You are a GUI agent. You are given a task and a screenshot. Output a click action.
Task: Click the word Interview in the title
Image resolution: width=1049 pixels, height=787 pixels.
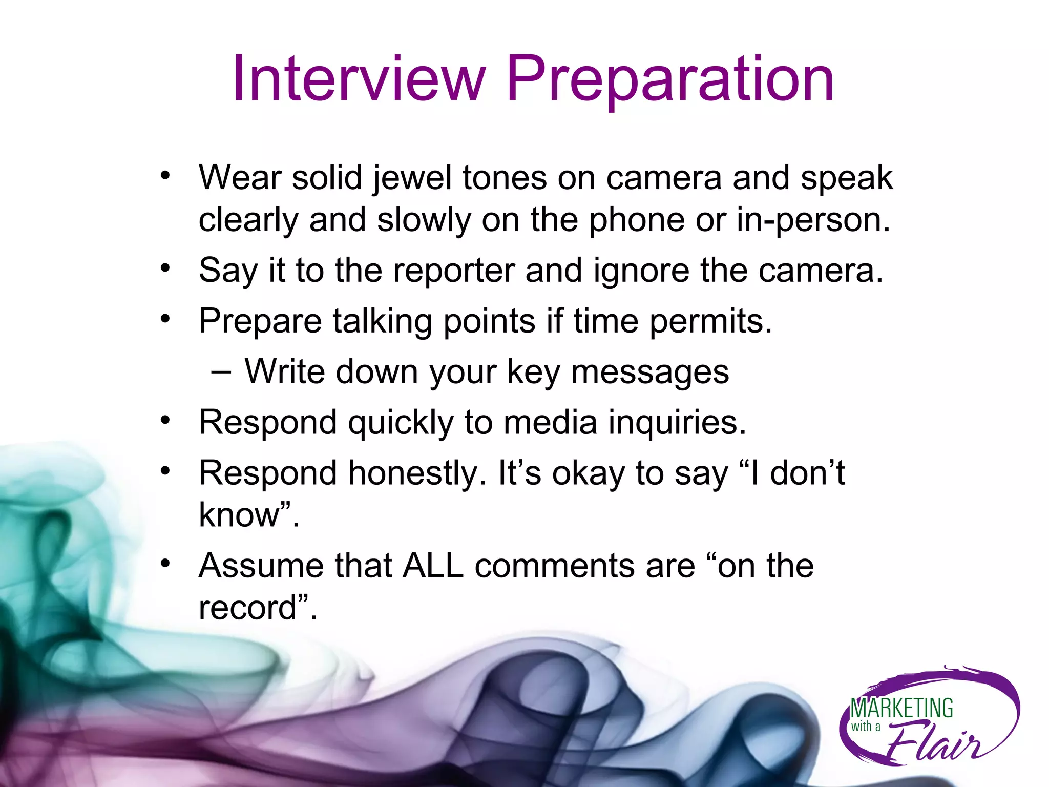click(359, 79)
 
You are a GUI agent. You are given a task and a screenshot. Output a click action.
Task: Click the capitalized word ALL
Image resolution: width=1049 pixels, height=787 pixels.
click(433, 566)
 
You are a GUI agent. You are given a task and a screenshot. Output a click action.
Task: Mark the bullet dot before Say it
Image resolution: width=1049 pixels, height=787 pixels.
click(164, 268)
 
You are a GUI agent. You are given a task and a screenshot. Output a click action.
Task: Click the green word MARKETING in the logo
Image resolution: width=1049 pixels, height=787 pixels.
click(901, 709)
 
